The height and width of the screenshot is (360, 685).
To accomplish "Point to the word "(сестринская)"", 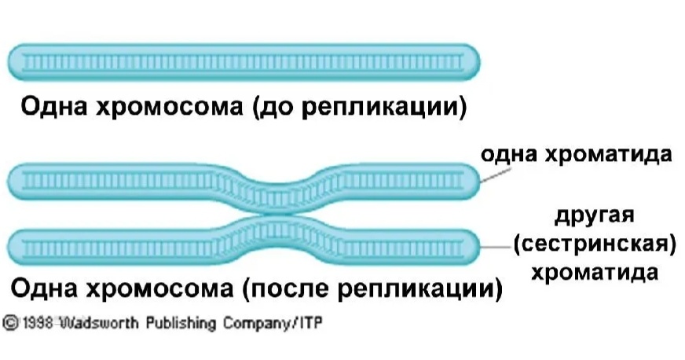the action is coord(594,244).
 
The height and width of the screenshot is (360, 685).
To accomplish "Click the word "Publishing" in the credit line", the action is coord(178,323).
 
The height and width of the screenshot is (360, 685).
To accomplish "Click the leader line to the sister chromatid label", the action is coord(494,248).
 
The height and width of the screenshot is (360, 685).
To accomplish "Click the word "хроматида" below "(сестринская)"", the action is coord(594,274).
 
